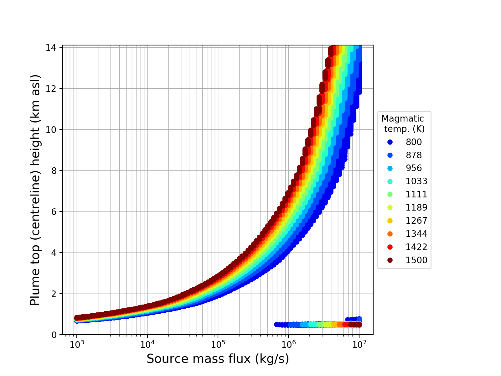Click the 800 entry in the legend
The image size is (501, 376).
tap(414, 142)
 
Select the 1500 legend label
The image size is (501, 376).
tap(416, 260)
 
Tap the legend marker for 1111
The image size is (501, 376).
tap(390, 194)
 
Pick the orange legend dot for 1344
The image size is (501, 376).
tap(390, 234)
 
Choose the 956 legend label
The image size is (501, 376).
tap(414, 168)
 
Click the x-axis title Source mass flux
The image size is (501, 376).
tap(218, 359)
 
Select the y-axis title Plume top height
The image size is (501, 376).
tap(35, 190)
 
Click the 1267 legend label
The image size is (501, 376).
tap(416, 221)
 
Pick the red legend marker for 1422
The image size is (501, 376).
tap(390, 247)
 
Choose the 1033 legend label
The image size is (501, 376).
tap(416, 181)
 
